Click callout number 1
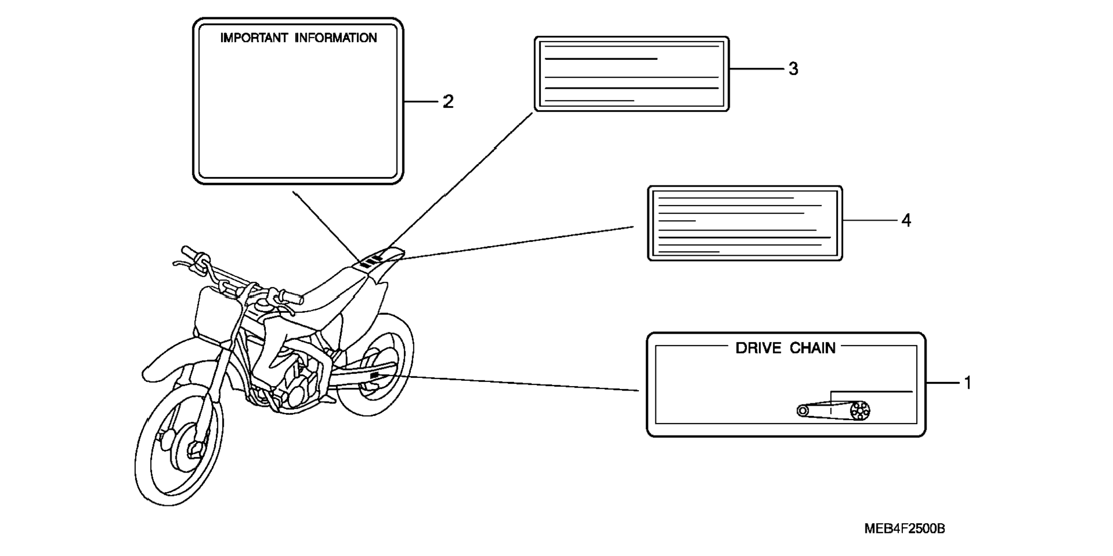tap(968, 383)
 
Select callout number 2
tap(448, 102)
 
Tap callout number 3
tap(794, 69)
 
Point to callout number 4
tap(906, 220)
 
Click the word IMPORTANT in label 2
tap(254, 38)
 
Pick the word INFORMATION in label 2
tap(336, 38)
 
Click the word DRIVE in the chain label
tap(758, 348)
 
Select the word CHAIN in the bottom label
tap(813, 348)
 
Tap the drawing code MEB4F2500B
tap(905, 528)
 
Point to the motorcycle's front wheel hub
tap(190, 446)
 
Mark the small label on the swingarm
tap(375, 376)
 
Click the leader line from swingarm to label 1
tap(518, 383)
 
